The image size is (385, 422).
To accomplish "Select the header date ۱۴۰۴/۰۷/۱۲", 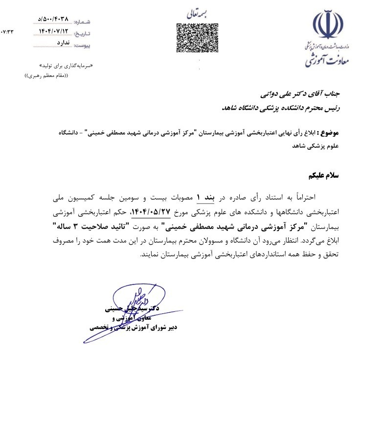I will pyautogui.click(x=54, y=32).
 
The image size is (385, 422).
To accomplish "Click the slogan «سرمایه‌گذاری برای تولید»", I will pyautogui.click(x=65, y=65).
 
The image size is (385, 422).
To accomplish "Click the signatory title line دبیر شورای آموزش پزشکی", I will pyautogui.click(x=132, y=328).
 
